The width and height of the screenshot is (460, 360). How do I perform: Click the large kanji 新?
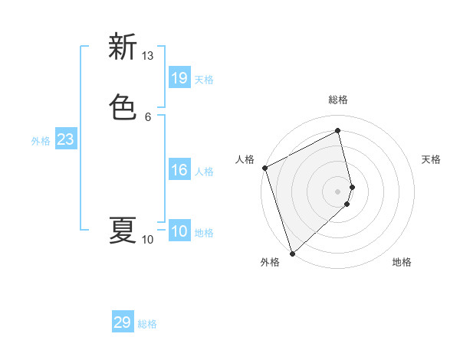[x=123, y=47]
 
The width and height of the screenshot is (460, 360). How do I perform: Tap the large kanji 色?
[x=123, y=106]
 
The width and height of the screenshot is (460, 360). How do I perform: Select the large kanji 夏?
[x=123, y=231]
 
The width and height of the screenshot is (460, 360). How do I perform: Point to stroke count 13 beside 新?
[x=147, y=56]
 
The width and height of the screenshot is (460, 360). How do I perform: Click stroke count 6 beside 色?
[x=147, y=116]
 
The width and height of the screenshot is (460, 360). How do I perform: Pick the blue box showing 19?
[x=179, y=77]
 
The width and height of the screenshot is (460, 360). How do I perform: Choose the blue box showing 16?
[x=179, y=170]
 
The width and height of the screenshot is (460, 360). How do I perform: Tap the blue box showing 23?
[x=65, y=139]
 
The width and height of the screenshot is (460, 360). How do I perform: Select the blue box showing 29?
[x=122, y=322]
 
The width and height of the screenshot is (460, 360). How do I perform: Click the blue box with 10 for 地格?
[x=179, y=231]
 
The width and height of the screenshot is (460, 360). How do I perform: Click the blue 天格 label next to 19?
[x=204, y=80]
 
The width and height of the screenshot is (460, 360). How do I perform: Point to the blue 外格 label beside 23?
[x=41, y=141]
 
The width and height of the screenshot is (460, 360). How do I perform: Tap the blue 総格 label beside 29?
[x=147, y=324]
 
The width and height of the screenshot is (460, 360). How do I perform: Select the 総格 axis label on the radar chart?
[x=338, y=100]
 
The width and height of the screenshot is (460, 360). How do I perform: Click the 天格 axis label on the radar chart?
[x=431, y=159]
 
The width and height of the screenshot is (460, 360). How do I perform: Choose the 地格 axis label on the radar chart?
[x=402, y=262]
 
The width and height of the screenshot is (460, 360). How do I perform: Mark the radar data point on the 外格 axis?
[x=292, y=253]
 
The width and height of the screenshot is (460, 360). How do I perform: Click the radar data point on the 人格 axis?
[x=264, y=168]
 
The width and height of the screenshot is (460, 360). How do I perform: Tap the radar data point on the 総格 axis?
[x=338, y=131]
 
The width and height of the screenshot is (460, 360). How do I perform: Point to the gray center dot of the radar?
[x=338, y=191]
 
